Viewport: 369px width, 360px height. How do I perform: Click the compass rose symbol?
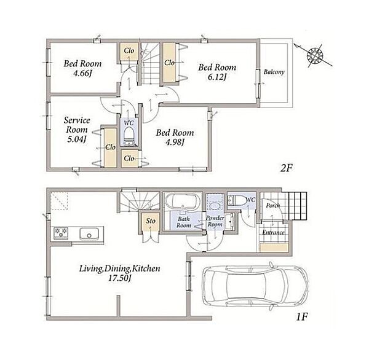(x=315, y=56)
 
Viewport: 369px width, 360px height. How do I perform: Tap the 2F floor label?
(x=286, y=168)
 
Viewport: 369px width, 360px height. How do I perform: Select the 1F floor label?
(x=302, y=317)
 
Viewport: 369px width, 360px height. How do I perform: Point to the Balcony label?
(x=274, y=72)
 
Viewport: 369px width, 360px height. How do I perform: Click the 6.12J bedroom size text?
(x=216, y=77)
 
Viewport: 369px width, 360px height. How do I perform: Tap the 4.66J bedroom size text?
(x=82, y=74)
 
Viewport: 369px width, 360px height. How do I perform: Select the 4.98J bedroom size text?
(x=175, y=143)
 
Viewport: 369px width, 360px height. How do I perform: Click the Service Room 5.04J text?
(x=77, y=130)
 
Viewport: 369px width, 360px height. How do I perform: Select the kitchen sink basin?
(x=89, y=233)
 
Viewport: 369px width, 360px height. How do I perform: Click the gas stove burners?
(x=61, y=233)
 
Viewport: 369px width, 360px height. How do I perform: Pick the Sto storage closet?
(x=151, y=222)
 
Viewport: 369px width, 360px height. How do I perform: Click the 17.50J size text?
(x=119, y=278)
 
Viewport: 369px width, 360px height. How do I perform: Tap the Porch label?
(x=273, y=206)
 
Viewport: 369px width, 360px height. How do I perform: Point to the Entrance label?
(x=274, y=233)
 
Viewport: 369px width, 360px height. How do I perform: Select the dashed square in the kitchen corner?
(x=59, y=201)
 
